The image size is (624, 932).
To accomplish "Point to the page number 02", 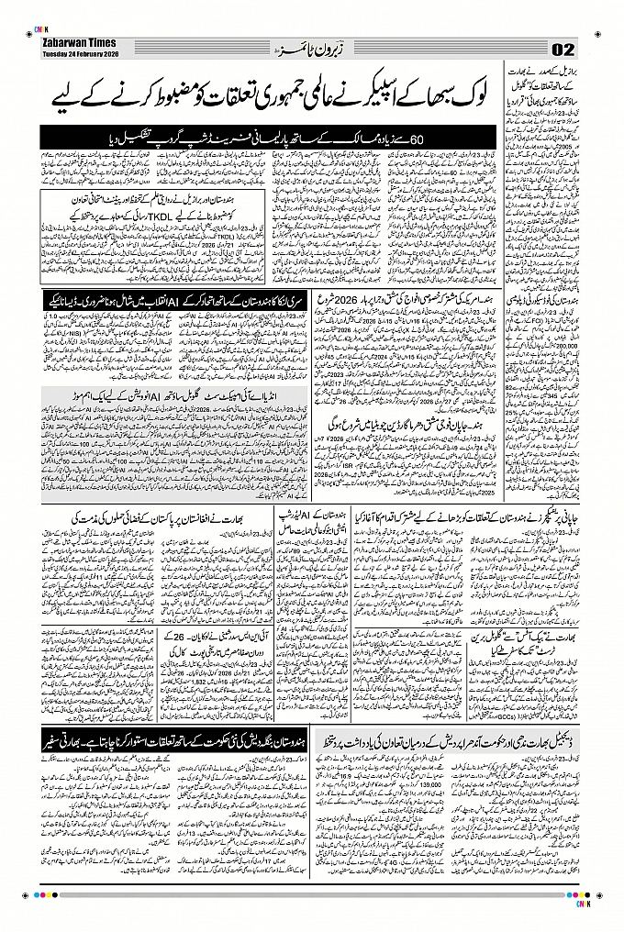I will (563, 48).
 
